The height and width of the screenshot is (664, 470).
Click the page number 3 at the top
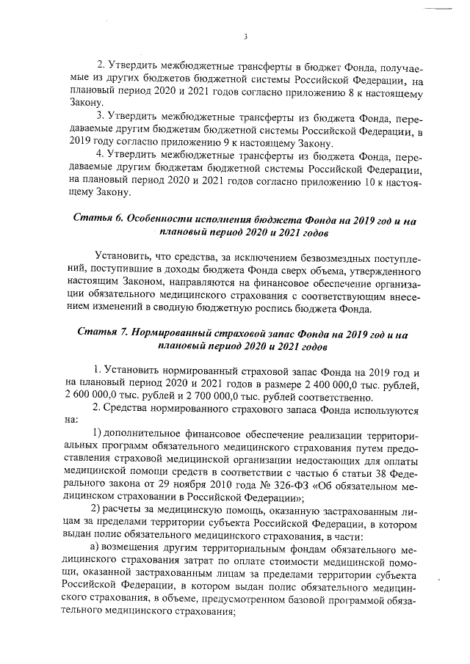(x=245, y=36)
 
